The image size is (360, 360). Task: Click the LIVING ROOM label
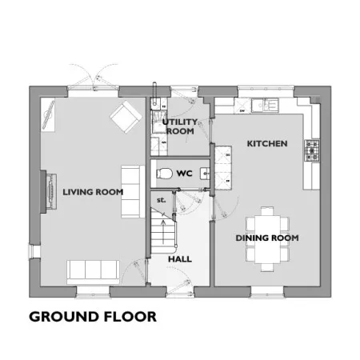[x=93, y=192]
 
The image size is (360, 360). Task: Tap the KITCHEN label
[x=267, y=144]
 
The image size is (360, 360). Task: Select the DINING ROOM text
[x=267, y=238]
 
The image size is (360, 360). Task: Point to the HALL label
[x=180, y=259]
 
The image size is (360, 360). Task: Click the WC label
[x=184, y=174]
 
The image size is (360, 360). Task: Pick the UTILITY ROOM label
[x=180, y=126]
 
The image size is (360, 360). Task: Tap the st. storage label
[x=162, y=200]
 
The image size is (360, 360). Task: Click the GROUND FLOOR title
[x=93, y=317]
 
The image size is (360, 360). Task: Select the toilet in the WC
[x=164, y=174]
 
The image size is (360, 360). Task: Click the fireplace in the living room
[x=49, y=191]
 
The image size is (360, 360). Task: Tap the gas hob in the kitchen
[x=312, y=150]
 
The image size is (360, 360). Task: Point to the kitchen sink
[x=265, y=105]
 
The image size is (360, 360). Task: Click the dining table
[x=267, y=239]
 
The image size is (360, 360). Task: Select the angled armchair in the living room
[x=126, y=117]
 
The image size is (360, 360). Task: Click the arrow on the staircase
[x=163, y=232]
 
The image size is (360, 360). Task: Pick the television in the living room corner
[x=48, y=114]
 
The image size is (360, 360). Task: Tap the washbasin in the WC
[x=206, y=174]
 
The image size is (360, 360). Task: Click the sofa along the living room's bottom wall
[x=93, y=272]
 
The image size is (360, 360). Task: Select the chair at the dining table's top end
[x=267, y=211]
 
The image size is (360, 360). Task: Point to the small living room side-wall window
[x=34, y=252]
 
